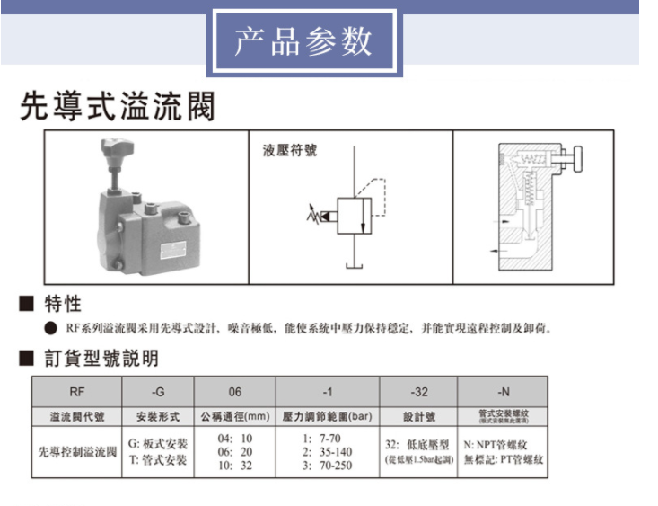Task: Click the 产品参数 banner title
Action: tap(303, 42)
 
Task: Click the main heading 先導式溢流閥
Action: tap(118, 107)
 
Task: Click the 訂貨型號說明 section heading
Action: tap(101, 360)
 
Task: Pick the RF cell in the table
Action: tap(76, 392)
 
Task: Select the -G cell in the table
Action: tap(158, 392)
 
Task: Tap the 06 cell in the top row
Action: tap(235, 392)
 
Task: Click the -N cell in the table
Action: tap(503, 392)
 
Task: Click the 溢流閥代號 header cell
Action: tap(76, 416)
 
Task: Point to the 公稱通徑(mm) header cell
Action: tap(235, 416)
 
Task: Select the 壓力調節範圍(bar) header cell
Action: tap(327, 416)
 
